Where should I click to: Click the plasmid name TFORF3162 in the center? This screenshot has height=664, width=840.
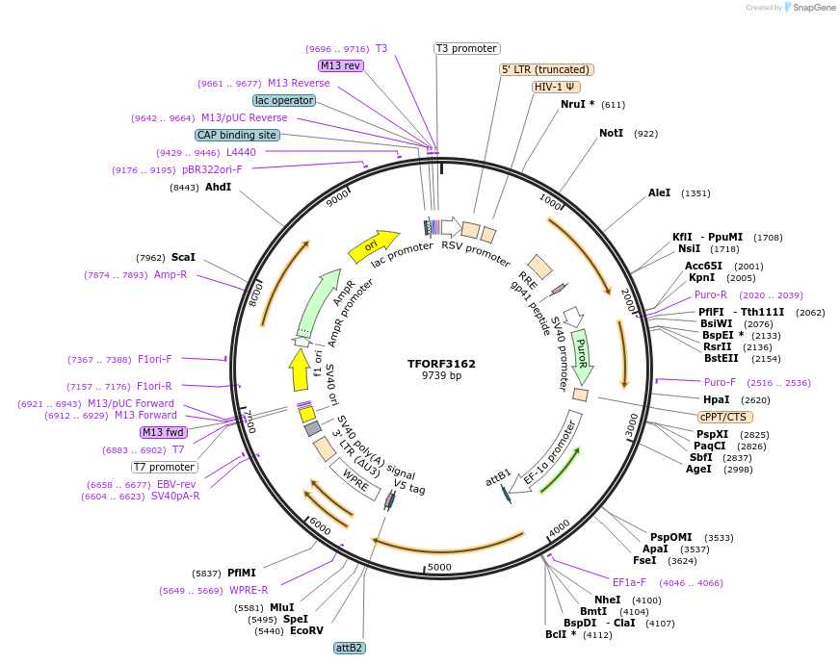pos(441,364)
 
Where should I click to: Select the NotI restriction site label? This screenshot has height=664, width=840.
pos(611,133)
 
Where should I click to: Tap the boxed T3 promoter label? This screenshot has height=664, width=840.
pos(466,48)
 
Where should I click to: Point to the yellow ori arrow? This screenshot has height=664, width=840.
pos(373,246)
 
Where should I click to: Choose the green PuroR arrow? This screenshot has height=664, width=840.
pos(581,352)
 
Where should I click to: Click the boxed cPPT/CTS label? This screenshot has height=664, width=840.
pos(725,417)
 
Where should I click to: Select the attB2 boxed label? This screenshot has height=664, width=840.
pos(350,648)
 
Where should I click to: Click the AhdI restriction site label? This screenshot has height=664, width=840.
pos(218,187)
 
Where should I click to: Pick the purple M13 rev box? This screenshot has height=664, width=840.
pos(340,65)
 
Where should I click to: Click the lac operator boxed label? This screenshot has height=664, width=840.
pos(284,100)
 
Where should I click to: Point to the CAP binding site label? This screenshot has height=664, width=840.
pos(237,136)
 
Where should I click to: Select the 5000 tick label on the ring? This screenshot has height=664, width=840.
pos(439,567)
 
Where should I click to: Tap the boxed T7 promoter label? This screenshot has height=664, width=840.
pos(165,467)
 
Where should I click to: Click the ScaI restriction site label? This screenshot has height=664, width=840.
pos(183,257)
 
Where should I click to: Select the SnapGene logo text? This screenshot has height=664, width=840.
pos(813,8)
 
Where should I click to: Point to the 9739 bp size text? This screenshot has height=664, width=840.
pos(441,376)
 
